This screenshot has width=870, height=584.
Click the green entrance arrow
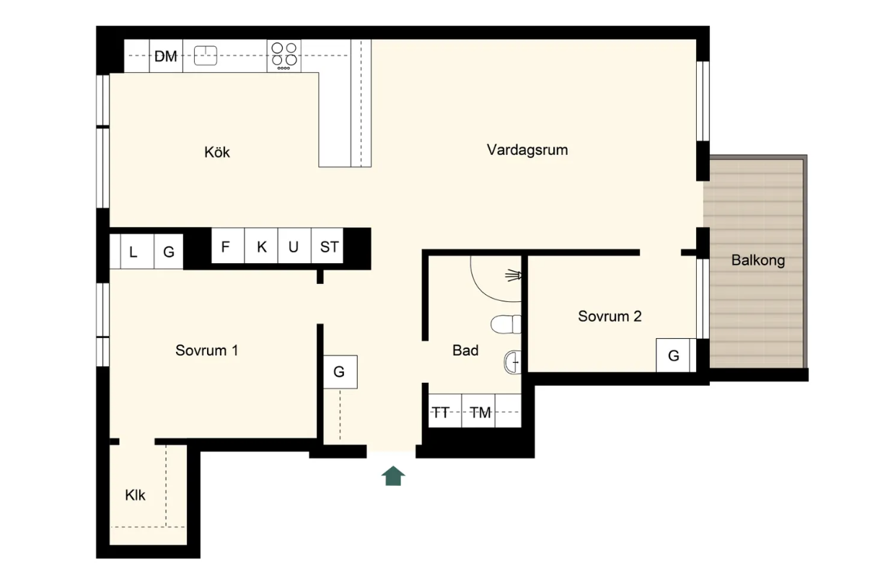pyautogui.click(x=393, y=476)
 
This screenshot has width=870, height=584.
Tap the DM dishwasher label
pyautogui.click(x=166, y=56)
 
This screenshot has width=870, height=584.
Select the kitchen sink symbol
pyautogui.click(x=206, y=55)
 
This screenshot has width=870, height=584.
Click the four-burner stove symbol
pyautogui.click(x=284, y=56)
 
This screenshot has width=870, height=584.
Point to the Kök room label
pyautogui.click(x=217, y=152)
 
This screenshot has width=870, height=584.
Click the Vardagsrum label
pyautogui.click(x=527, y=150)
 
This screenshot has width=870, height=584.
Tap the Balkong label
pyautogui.click(x=758, y=260)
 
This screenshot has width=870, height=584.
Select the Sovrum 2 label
pyautogui.click(x=610, y=316)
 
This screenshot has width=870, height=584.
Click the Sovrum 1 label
pyautogui.click(x=206, y=350)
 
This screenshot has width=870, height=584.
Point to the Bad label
pyautogui.click(x=465, y=350)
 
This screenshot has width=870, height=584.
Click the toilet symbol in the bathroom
pyautogui.click(x=506, y=324)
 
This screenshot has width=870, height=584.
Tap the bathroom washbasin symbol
pyautogui.click(x=513, y=362)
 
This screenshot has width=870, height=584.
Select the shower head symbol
pyautogui.click(x=514, y=275)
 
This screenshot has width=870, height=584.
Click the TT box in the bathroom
pyautogui.click(x=445, y=411)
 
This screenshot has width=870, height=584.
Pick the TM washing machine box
pyautogui.click(x=478, y=411)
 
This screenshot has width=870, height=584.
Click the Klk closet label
pyautogui.click(x=135, y=495)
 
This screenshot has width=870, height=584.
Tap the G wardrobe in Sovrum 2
pyautogui.click(x=673, y=355)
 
